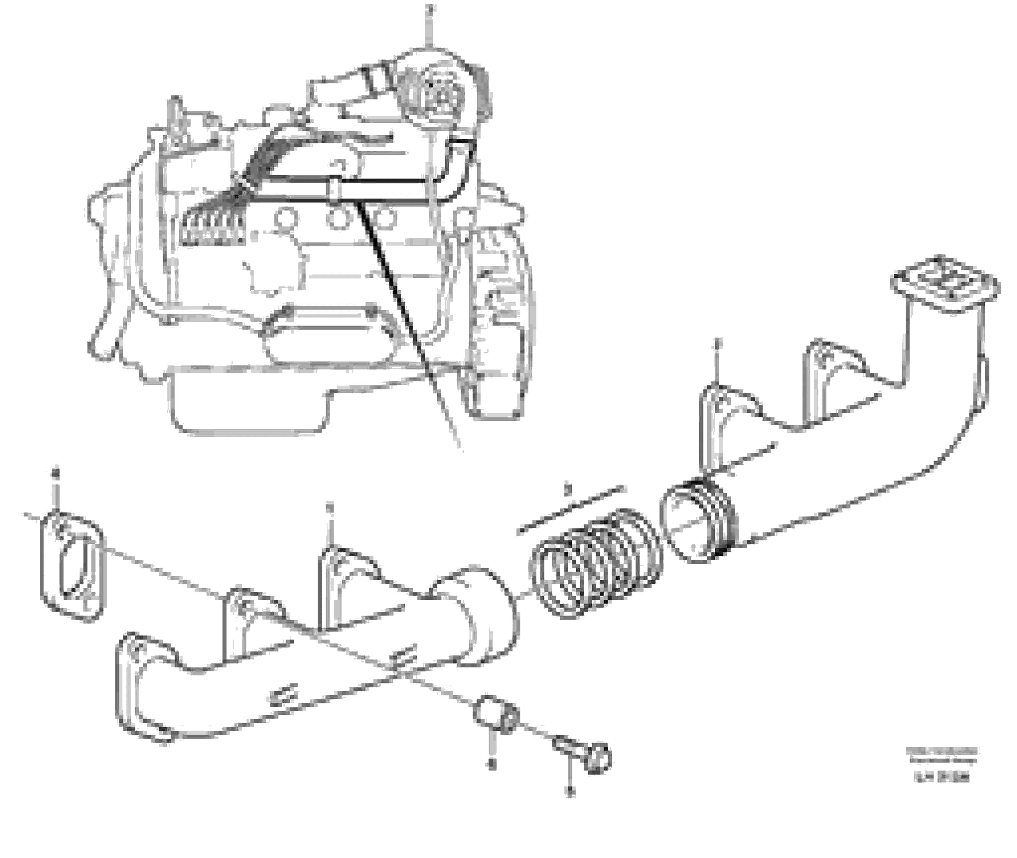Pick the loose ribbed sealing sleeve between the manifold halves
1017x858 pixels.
point(596,562)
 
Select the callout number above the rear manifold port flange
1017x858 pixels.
point(716,344)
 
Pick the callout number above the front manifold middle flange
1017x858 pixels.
point(329,508)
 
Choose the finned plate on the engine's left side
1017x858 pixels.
point(214,229)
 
